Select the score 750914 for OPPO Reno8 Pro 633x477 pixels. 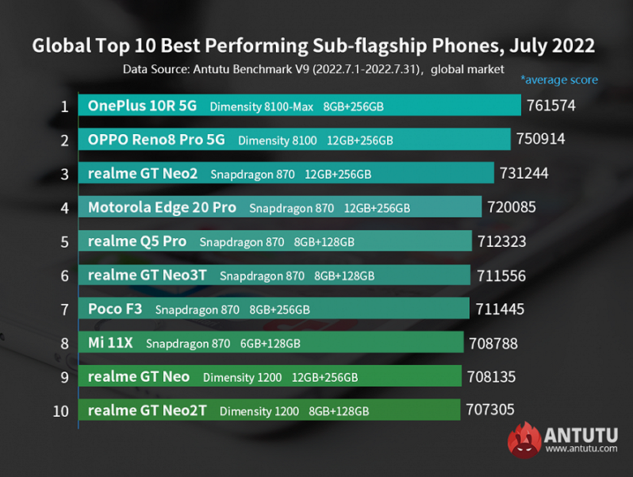(540, 139)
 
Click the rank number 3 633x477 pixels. (64, 174)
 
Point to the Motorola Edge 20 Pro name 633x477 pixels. (161, 207)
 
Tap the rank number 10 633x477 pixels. (62, 411)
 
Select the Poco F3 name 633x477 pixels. (114, 309)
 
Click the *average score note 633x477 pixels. (559, 80)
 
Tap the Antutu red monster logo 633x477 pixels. (524, 440)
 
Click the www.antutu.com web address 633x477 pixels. (582, 448)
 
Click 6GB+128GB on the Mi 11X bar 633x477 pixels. (270, 344)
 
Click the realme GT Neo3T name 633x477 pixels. (147, 275)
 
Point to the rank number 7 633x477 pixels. (64, 310)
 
